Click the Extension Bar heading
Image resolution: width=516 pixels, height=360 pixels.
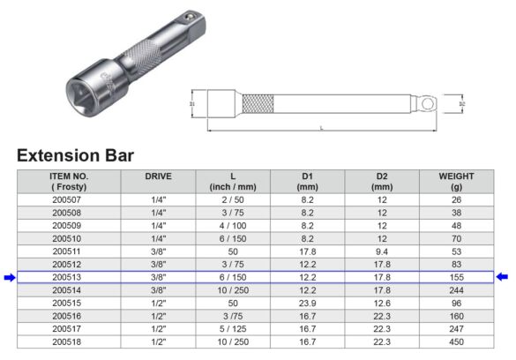[x=75, y=155]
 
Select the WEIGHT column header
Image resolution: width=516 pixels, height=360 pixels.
[x=456, y=182]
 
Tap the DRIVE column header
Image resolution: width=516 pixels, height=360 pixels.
[x=157, y=176]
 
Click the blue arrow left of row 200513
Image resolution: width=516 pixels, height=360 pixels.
[x=9, y=277]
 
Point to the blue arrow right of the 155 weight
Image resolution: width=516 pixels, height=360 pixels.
[x=502, y=277]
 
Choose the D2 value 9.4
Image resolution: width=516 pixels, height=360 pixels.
[x=381, y=251]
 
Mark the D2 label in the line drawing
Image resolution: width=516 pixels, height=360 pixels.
[x=462, y=104]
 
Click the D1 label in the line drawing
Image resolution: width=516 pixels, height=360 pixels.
[x=191, y=104]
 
